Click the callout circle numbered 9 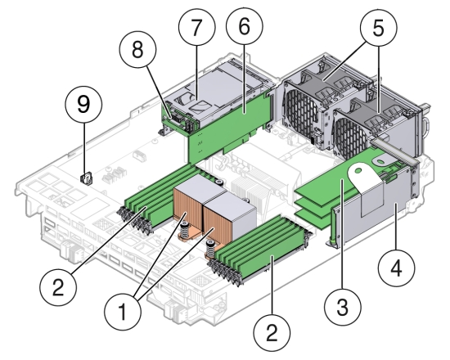coord(91,104)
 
